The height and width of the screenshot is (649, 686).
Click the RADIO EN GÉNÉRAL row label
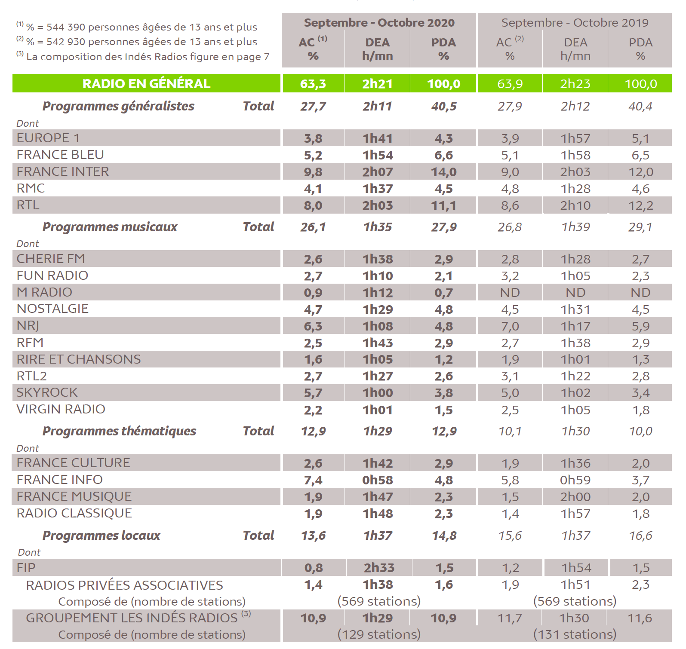146,83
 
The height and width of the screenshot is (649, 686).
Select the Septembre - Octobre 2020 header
379,23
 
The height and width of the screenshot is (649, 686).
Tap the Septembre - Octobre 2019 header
575,23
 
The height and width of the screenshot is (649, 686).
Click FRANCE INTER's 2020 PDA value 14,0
444,172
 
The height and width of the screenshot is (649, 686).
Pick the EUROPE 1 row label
48,138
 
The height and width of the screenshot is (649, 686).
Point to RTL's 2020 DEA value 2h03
378,205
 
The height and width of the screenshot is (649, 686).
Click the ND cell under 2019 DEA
575,293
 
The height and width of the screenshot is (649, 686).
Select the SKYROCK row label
47,392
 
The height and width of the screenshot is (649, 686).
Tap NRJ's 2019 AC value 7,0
510,326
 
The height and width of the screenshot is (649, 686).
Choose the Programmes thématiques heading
119,431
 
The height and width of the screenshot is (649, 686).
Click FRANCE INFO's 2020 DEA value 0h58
378,480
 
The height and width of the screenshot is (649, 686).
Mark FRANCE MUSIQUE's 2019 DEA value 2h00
575,497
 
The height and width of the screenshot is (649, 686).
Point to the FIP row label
26,568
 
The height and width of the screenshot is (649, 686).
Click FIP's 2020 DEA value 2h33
379,568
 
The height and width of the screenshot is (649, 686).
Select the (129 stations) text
379,634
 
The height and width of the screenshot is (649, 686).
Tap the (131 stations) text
575,634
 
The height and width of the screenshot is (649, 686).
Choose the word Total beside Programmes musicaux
258,227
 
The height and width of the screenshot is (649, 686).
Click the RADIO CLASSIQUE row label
74,513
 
